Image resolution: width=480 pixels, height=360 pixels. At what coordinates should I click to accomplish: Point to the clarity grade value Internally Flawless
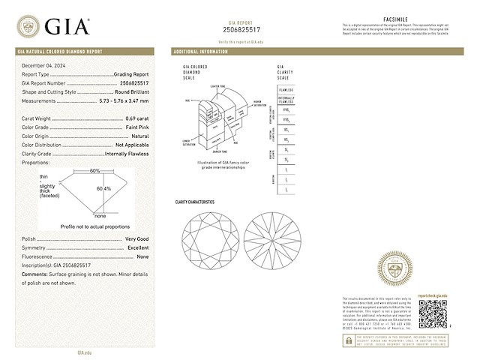(126, 153)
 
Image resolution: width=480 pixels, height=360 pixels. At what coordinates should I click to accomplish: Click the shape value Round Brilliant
(130, 92)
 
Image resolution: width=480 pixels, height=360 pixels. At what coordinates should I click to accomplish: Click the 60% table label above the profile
(94, 171)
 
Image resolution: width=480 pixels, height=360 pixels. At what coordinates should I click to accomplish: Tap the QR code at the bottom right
(432, 314)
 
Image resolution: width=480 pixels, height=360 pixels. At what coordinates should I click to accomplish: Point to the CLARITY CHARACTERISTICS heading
(194, 202)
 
